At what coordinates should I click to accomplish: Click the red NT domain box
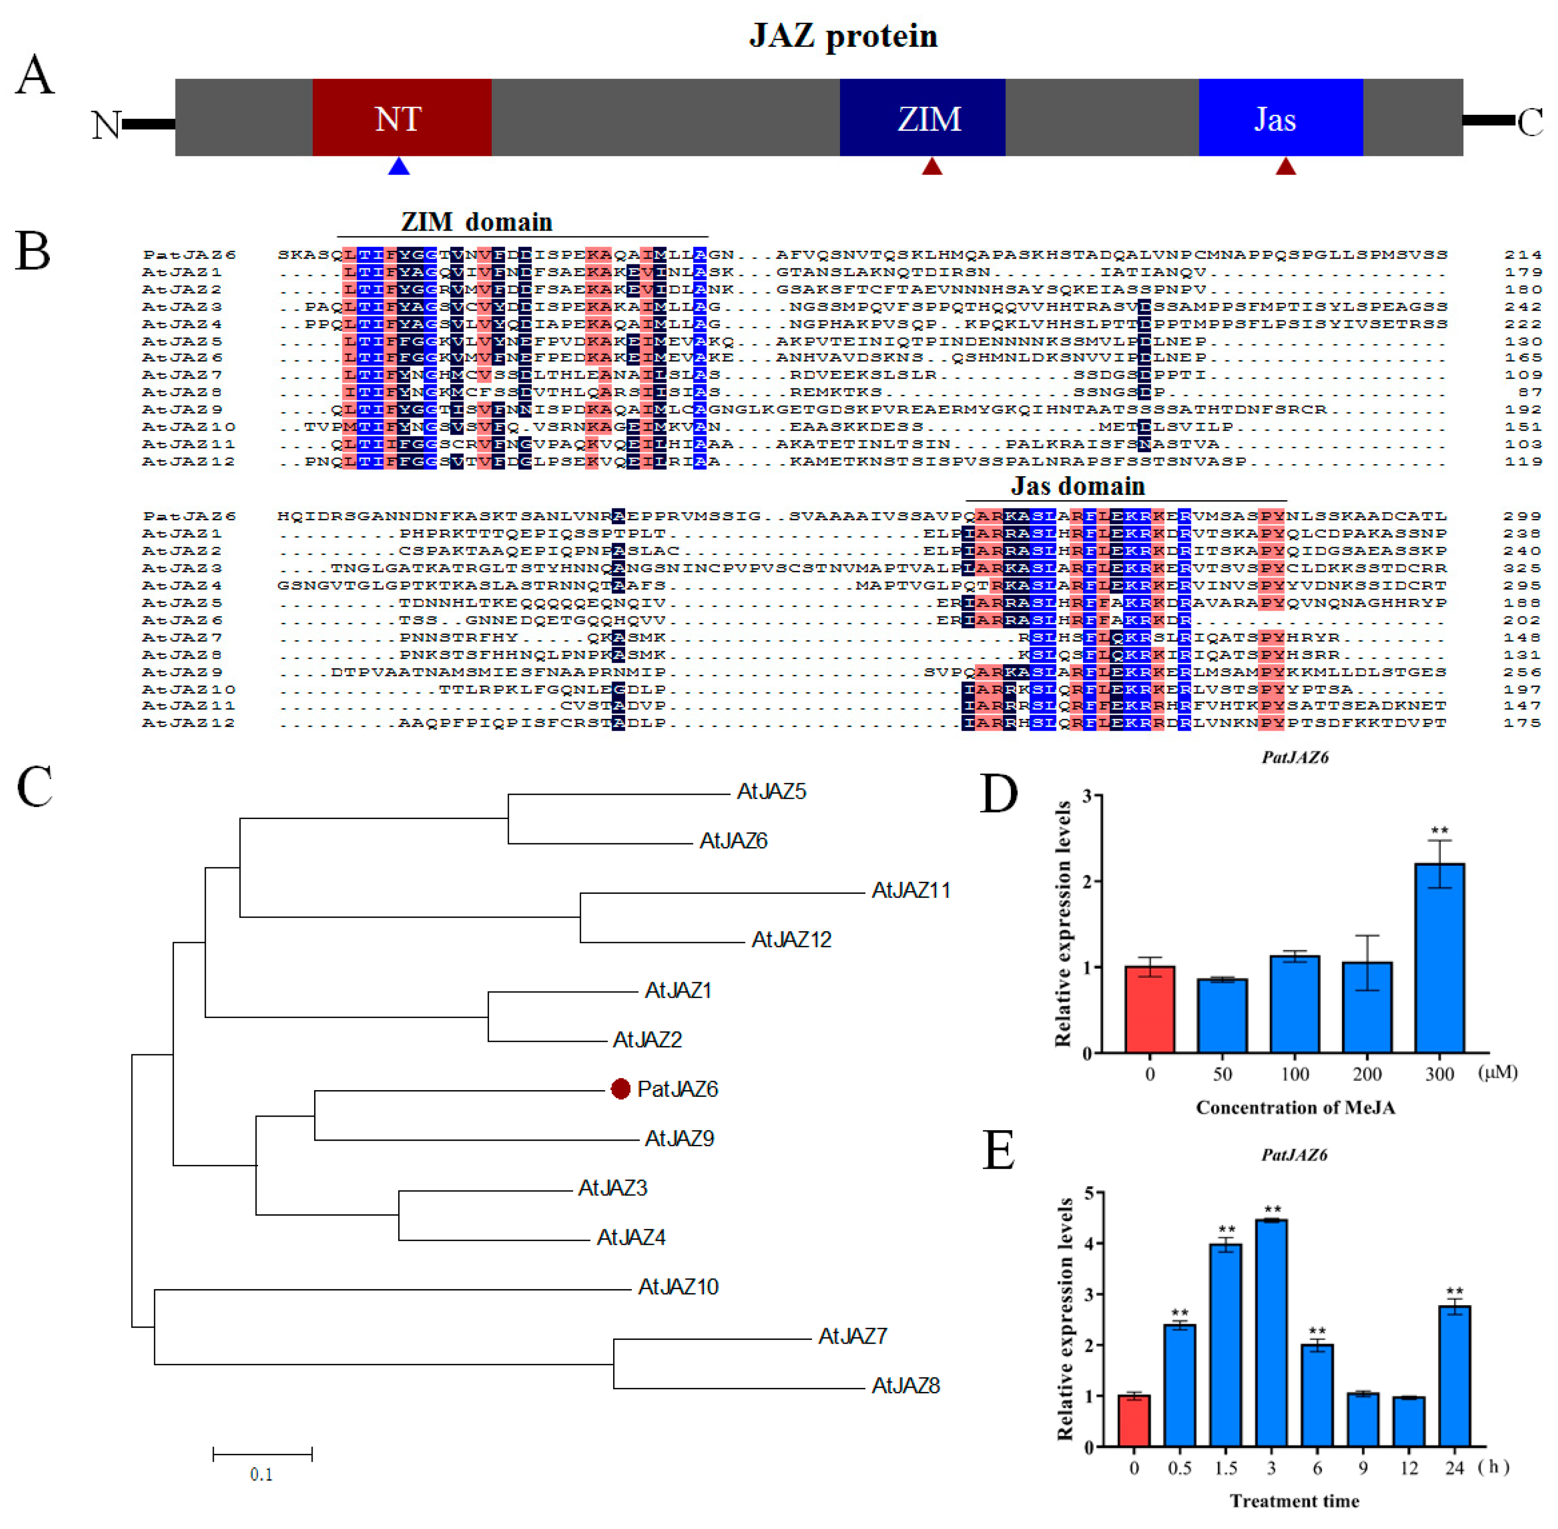(x=401, y=117)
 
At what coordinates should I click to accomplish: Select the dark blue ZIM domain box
(x=922, y=117)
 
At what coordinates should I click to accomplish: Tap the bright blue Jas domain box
(x=1280, y=117)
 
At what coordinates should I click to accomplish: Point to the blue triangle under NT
(x=399, y=166)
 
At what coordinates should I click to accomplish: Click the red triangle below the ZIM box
(x=931, y=166)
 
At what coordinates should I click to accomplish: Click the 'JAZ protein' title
(x=843, y=36)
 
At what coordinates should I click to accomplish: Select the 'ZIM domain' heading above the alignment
(x=477, y=222)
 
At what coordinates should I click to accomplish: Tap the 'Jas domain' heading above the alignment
(x=1077, y=486)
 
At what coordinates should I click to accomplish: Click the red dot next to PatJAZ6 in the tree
(x=620, y=1089)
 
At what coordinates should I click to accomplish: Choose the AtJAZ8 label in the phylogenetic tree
(x=905, y=1386)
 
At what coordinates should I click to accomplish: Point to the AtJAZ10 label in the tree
(x=678, y=1287)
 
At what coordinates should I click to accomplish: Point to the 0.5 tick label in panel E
(x=1179, y=1468)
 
